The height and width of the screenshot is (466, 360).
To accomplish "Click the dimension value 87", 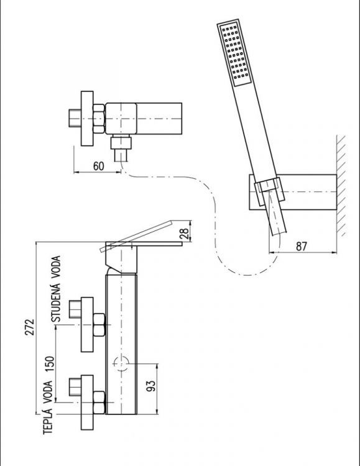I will (x=302, y=245).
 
